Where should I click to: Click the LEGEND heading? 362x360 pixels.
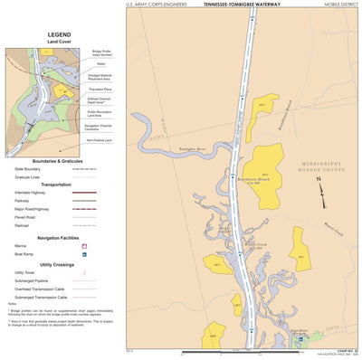[59, 33]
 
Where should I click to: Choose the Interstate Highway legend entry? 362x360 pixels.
[34, 193]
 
